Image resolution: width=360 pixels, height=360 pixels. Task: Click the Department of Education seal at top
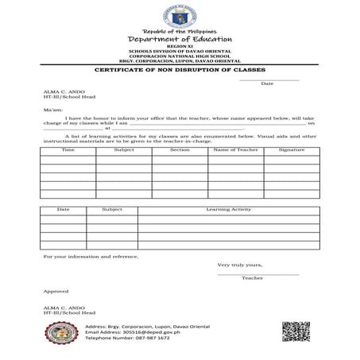click(x=180, y=15)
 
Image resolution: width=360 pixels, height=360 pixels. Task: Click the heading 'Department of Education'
click(x=180, y=39)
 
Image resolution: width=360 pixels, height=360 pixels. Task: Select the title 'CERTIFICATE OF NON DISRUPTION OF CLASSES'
click(x=180, y=71)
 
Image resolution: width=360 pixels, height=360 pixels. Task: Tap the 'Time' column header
click(x=68, y=149)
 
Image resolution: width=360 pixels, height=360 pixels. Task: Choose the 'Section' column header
click(x=180, y=149)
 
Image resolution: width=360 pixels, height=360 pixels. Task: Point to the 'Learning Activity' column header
click(x=229, y=209)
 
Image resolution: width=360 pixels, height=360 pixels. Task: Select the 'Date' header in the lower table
click(x=63, y=209)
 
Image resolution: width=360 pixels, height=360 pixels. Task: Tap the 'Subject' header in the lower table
click(x=112, y=209)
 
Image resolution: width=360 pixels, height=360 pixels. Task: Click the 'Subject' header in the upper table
click(x=124, y=149)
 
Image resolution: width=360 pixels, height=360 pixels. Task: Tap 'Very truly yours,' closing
click(x=238, y=265)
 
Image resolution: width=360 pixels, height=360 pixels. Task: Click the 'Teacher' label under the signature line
click(x=253, y=278)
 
